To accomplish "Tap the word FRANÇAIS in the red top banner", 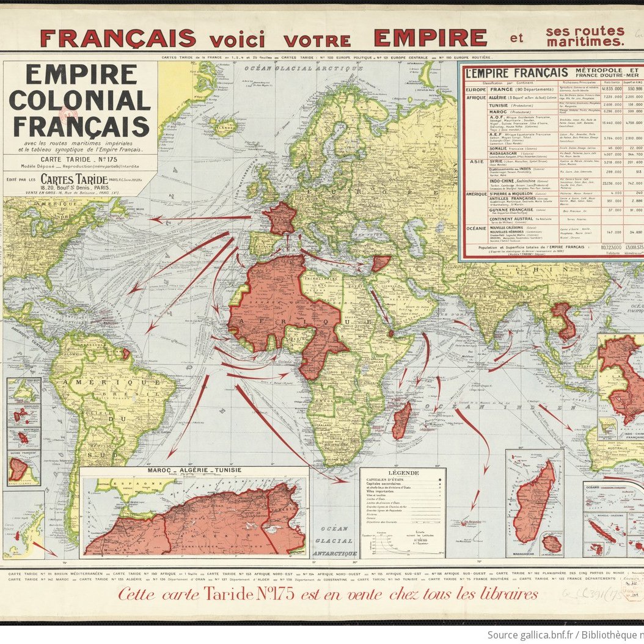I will (118, 38).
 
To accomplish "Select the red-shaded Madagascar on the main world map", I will (401, 420).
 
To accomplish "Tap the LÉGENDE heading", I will (402, 473).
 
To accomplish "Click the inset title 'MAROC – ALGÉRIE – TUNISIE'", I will (193, 470).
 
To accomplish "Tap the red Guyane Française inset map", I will (18, 469).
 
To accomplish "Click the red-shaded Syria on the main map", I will (380, 263).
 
